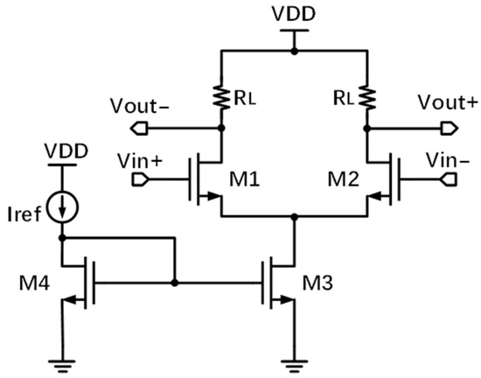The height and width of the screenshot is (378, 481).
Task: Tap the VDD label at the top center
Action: tap(295, 15)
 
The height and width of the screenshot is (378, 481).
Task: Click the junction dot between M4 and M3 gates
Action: tap(175, 283)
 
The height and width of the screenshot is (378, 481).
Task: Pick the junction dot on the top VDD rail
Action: tap(295, 52)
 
